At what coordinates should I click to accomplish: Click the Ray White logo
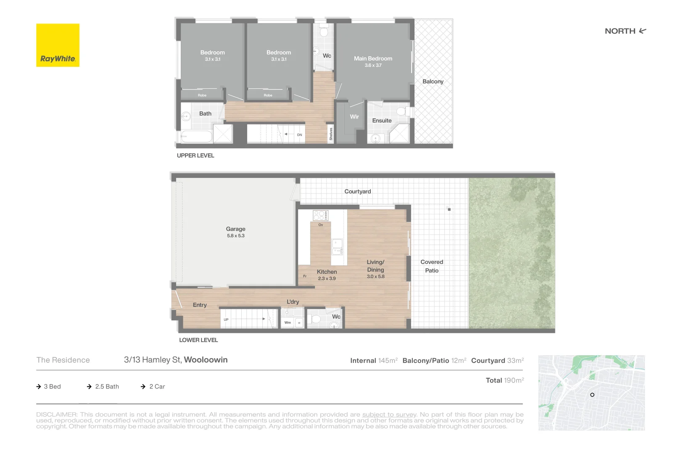tap(58, 45)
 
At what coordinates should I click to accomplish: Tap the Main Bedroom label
tap(373, 58)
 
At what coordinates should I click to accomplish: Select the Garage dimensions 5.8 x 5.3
tap(235, 236)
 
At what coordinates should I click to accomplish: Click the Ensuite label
tap(382, 121)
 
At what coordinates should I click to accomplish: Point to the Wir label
tap(354, 117)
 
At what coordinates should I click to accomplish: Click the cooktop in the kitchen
tap(320, 216)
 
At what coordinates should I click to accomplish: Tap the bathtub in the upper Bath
tap(196, 137)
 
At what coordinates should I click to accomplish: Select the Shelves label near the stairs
tap(331, 134)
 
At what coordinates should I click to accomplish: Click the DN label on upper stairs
tap(299, 135)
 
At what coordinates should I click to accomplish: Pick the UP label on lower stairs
tap(226, 319)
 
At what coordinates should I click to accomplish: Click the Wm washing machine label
tap(288, 323)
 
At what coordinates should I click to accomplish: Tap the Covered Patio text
tap(432, 266)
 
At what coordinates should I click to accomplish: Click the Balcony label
tap(433, 82)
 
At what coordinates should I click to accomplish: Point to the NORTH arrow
tap(642, 31)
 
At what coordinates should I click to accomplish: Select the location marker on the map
tap(592, 395)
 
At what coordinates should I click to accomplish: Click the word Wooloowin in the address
tap(206, 360)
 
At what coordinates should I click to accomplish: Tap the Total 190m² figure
tap(505, 380)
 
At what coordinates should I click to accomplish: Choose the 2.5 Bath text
tap(107, 387)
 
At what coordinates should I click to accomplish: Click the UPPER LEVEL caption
tap(195, 156)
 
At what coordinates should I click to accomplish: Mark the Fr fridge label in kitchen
tap(305, 276)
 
